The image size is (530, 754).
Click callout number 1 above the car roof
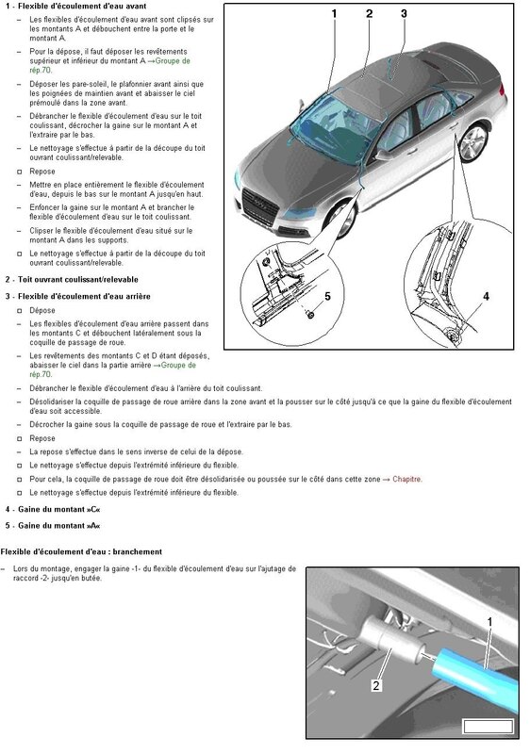334,14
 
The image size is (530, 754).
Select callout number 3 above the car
404,14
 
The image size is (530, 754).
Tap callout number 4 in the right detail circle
487,296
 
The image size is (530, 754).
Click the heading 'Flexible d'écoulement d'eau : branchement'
82,551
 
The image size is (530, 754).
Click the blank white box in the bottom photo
489,726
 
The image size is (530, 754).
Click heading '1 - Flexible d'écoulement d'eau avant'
75,7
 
